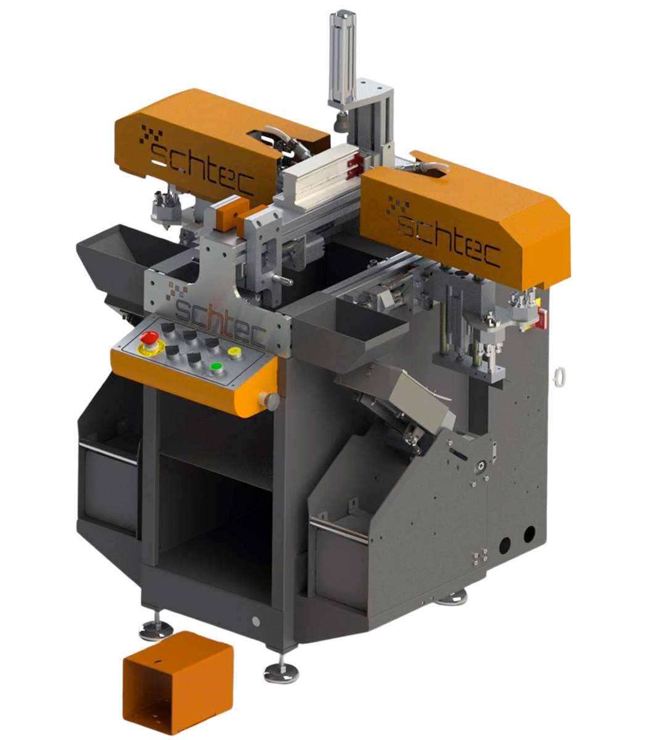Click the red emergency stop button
pyautogui.click(x=149, y=338)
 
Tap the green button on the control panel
pyautogui.click(x=217, y=367)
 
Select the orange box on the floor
pyautogui.click(x=177, y=683)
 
